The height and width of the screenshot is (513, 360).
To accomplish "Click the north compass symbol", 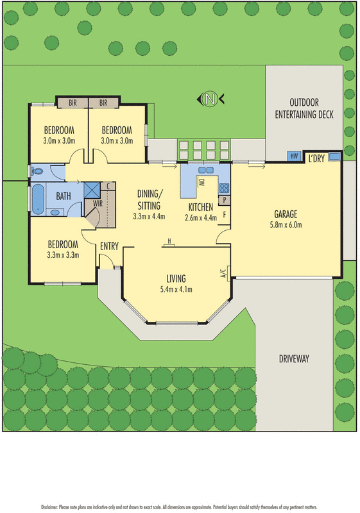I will [210, 99].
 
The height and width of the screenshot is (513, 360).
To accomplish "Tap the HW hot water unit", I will [295, 156].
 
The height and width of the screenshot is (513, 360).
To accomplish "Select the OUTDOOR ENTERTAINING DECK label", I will [304, 108].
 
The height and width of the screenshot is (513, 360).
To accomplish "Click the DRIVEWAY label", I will [295, 359].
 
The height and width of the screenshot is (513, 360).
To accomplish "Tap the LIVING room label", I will [176, 278].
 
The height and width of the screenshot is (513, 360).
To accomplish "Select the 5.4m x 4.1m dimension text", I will [176, 289].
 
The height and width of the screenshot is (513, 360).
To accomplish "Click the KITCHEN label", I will [201, 206].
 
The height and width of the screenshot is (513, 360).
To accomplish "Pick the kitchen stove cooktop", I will [225, 189].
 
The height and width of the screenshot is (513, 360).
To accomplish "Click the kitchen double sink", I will [205, 171].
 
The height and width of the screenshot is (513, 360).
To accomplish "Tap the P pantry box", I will [225, 200].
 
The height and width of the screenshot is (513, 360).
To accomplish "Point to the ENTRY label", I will [109, 246].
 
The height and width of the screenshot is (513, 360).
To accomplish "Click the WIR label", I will [98, 203].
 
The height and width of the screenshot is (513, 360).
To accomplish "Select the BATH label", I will [64, 196].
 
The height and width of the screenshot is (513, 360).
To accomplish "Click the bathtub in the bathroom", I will [38, 198].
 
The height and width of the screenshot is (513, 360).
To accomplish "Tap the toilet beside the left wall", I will [36, 171].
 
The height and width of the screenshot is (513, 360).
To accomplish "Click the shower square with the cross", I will [91, 190].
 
